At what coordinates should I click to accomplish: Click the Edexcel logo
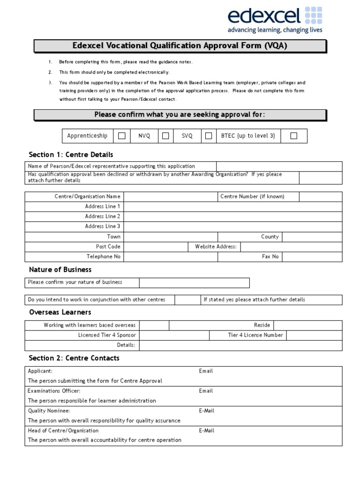click(x=275, y=20)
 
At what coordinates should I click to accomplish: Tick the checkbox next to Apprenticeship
click(x=122, y=136)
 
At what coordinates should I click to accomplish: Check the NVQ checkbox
click(x=165, y=136)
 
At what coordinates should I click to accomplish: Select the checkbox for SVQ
click(x=208, y=136)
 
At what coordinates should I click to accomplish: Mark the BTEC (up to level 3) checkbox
click(x=293, y=136)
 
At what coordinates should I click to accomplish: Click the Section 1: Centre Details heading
click(x=71, y=155)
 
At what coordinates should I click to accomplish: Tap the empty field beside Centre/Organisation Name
click(x=170, y=196)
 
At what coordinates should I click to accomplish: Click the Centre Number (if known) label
click(x=252, y=196)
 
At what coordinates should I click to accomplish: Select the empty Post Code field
click(x=156, y=247)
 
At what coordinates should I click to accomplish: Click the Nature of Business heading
click(x=60, y=270)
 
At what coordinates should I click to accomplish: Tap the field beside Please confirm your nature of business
click(x=194, y=282)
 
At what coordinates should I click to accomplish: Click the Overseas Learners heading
click(x=60, y=312)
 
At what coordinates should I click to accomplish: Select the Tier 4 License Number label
click(x=255, y=335)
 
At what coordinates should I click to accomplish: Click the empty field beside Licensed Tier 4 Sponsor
click(x=174, y=335)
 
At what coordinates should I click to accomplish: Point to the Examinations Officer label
click(x=54, y=391)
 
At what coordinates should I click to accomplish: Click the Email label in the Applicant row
click(x=206, y=371)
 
